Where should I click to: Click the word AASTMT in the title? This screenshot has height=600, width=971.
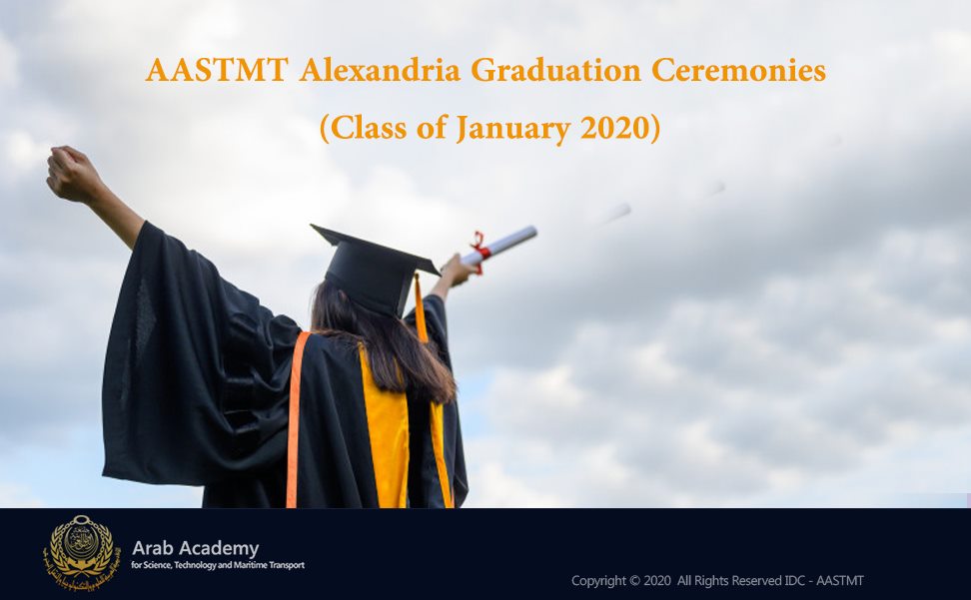[x=217, y=70]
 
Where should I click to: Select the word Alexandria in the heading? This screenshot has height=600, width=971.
[x=380, y=70]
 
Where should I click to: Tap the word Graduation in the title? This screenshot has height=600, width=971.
[x=555, y=70]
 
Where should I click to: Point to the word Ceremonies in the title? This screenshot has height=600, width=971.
[x=738, y=70]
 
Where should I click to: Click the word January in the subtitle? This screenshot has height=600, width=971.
[x=513, y=129]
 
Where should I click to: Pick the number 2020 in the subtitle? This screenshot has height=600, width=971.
[x=615, y=128]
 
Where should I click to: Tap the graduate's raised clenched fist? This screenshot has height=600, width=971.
[x=73, y=175]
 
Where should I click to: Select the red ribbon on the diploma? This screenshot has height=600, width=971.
[x=480, y=250]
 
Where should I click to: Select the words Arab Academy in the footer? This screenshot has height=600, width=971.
[x=195, y=548]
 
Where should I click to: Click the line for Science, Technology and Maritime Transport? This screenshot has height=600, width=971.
[x=218, y=565]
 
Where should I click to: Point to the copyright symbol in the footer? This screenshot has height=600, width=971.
[x=634, y=581]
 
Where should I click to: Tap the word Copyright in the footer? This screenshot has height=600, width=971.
[x=598, y=581]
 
